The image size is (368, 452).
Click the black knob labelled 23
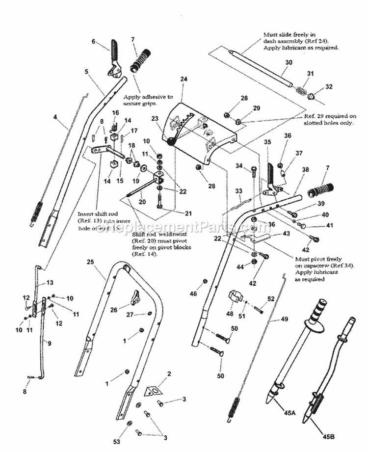[x=171, y=142]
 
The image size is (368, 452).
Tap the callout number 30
[x=288, y=62]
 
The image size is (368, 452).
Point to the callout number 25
[x=90, y=262]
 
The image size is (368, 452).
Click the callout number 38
[x=306, y=169]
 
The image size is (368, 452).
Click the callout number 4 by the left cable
[x=55, y=117]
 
